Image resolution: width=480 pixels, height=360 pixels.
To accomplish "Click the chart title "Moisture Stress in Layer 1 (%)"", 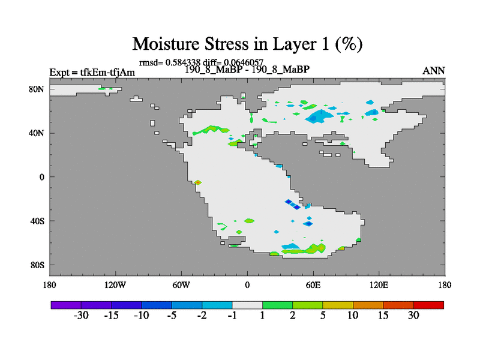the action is (247, 44).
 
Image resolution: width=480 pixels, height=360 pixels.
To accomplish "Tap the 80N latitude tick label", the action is (37, 89).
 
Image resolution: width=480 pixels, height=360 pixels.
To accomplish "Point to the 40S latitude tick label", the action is (37, 221).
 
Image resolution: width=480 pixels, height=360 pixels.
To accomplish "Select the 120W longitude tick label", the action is (115, 285).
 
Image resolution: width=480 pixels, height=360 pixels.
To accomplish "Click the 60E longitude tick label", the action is (313, 285).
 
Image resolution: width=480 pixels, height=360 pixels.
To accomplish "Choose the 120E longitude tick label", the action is (379, 285).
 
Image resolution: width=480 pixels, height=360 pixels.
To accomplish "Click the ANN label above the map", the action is (433, 71).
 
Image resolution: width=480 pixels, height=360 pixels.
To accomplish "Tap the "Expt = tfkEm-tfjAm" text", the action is (92, 72).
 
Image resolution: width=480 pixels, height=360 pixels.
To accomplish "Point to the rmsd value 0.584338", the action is (183, 62).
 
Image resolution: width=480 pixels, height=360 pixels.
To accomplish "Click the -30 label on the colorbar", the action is (81, 315).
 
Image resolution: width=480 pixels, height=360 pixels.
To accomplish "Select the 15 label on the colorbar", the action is (383, 315).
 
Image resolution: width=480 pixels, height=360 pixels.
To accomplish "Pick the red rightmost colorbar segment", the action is (428, 305).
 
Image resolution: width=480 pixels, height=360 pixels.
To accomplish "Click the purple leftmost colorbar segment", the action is (66, 305).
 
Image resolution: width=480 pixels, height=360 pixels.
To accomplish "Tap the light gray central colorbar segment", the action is (247, 305).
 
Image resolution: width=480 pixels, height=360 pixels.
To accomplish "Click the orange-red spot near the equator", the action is (198, 182).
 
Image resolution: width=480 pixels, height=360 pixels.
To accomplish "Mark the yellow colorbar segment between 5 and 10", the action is (338, 305).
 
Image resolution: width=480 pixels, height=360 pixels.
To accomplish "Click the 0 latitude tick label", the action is (41, 177).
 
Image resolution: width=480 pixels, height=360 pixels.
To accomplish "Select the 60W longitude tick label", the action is (181, 285).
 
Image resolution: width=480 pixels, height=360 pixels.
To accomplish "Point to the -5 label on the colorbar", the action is (172, 315).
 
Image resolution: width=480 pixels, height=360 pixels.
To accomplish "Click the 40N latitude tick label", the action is (37, 133).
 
